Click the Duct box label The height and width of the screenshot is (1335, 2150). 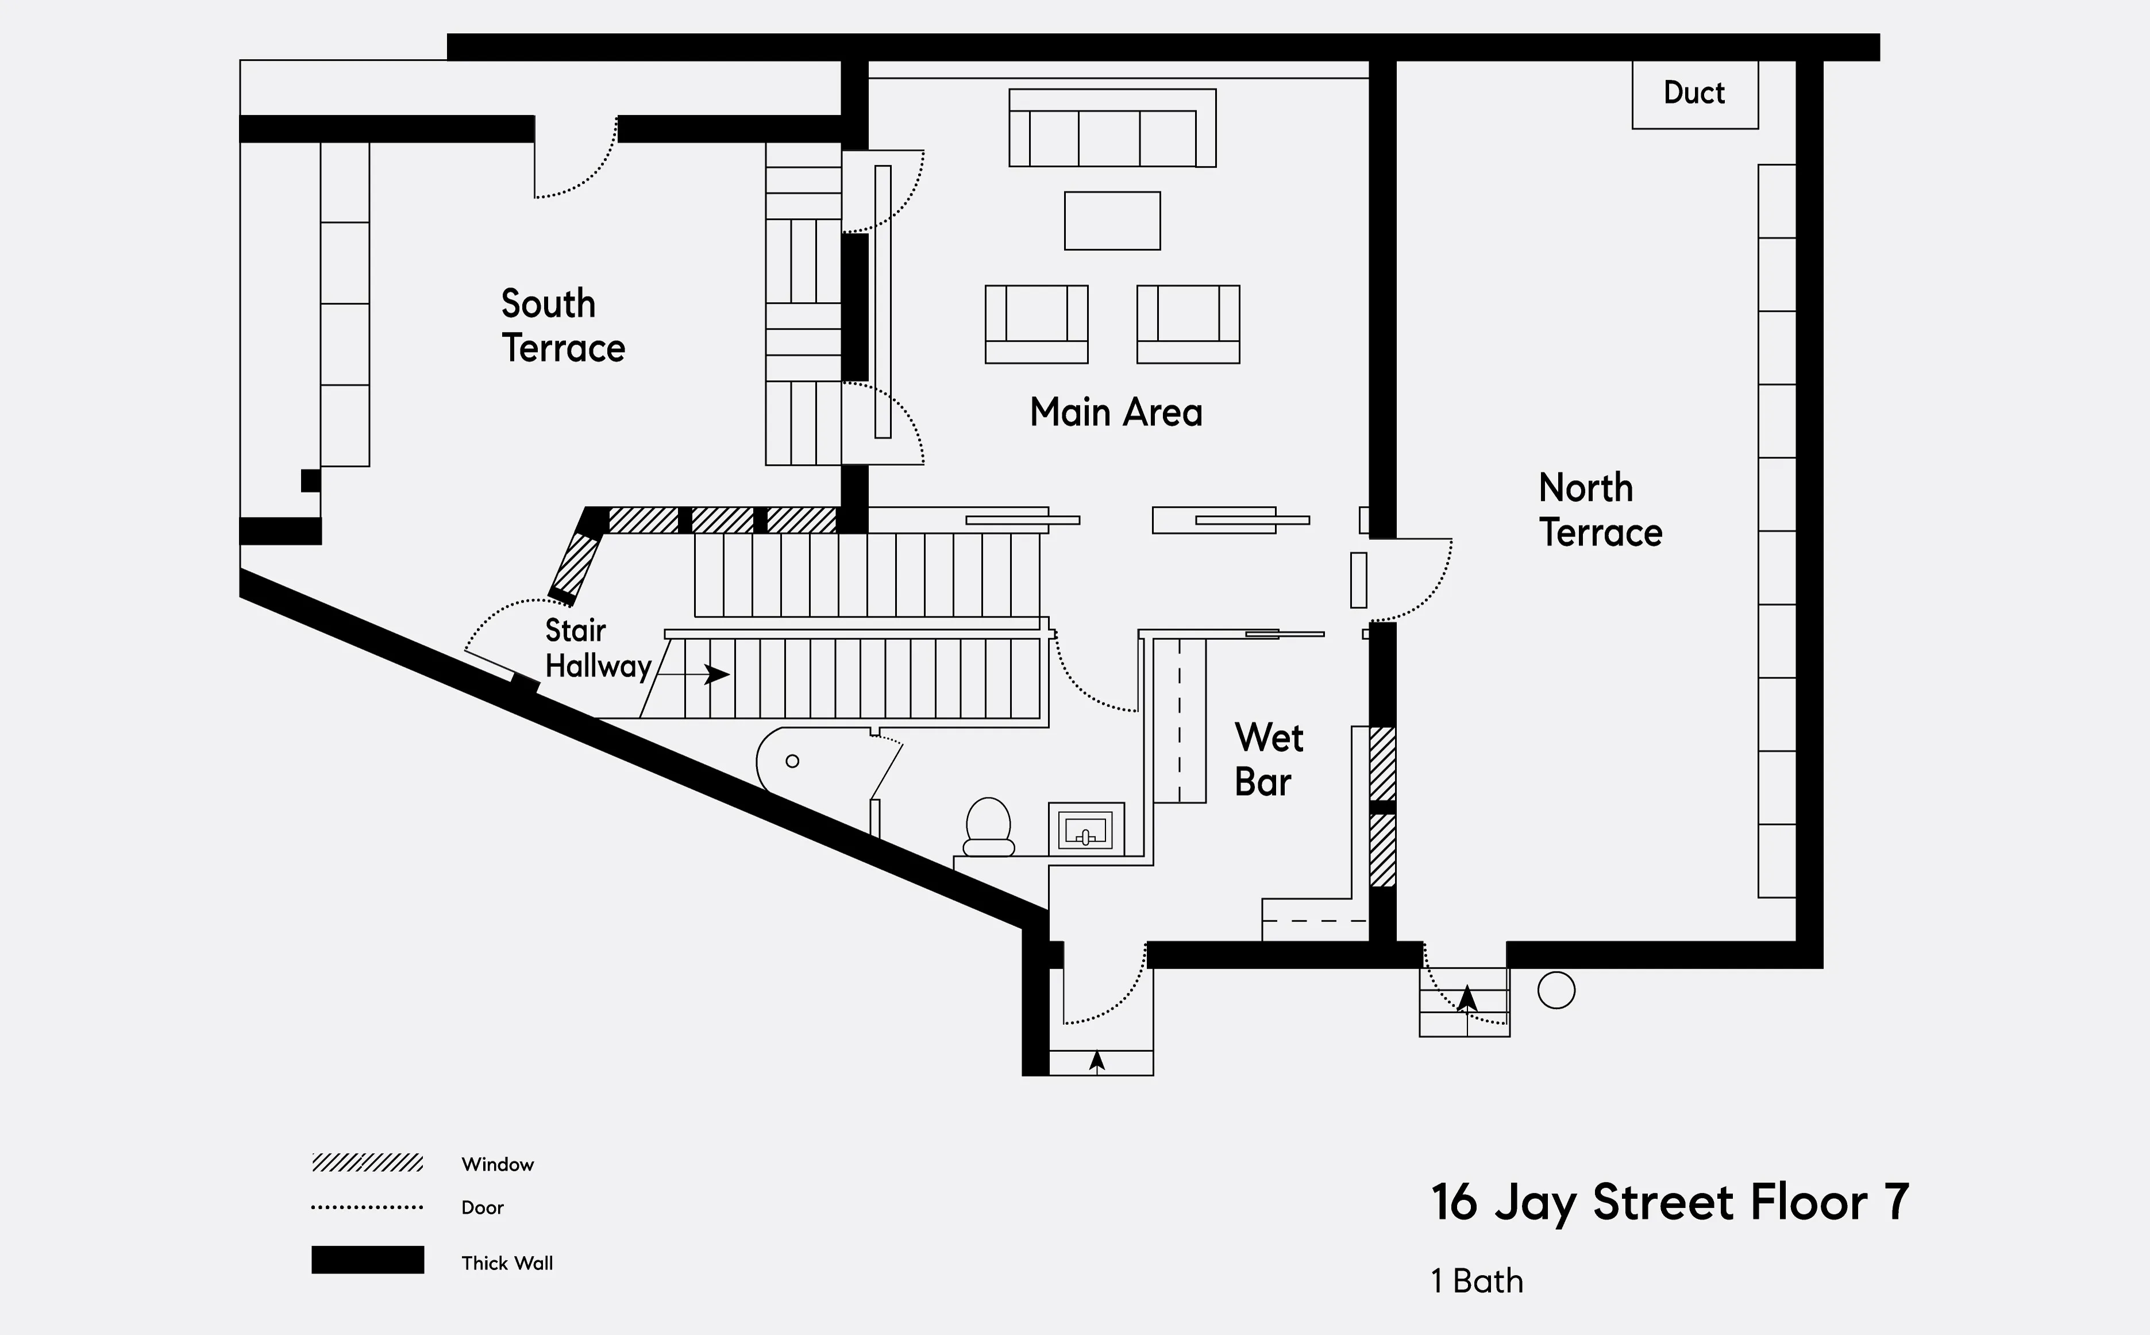click(x=1693, y=92)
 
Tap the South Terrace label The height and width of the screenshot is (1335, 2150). click(x=562, y=326)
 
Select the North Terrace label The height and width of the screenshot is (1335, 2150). click(x=1600, y=510)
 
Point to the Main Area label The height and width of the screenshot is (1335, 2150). click(x=1115, y=412)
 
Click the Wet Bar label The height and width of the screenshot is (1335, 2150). click(x=1268, y=759)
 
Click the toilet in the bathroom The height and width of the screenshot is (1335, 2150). click(x=988, y=827)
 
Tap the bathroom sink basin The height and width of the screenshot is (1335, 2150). click(x=1085, y=830)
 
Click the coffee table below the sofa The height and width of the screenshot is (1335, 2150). click(x=1112, y=221)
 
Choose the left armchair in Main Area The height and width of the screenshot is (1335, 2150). click(x=1036, y=324)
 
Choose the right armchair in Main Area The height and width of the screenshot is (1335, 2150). click(x=1188, y=324)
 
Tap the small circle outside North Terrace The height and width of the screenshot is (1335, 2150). click(x=1556, y=990)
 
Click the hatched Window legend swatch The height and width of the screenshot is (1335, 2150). click(x=367, y=1163)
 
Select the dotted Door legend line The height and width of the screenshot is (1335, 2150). click(x=367, y=1207)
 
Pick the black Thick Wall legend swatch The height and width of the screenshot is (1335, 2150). click(x=367, y=1260)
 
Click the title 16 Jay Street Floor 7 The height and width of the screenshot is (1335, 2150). click(x=1669, y=1202)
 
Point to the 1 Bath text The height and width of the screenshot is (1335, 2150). click(x=1476, y=1281)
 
